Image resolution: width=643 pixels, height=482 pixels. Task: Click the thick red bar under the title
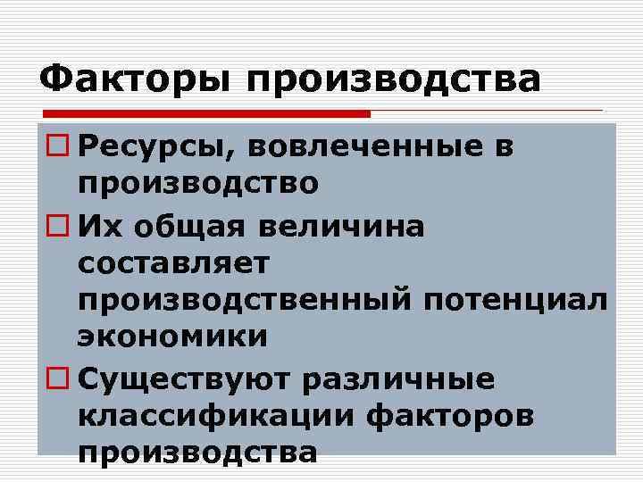(205, 114)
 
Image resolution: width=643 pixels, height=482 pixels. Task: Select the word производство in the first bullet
(197, 186)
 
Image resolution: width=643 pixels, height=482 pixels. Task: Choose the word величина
(347, 225)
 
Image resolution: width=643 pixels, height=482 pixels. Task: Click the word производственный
(239, 301)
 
